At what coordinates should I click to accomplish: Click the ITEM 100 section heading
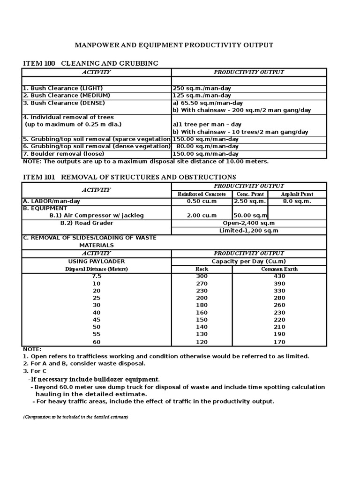coord(90,63)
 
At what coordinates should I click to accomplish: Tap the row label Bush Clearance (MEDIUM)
coord(64,95)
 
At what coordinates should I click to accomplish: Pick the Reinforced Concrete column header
coord(202,194)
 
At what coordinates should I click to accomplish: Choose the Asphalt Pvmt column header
coord(297,194)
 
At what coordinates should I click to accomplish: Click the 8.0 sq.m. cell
coord(297,201)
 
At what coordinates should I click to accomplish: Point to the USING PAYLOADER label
coord(97,261)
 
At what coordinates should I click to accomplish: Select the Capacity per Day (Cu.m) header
coord(248,261)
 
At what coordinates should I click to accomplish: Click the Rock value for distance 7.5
coord(202,276)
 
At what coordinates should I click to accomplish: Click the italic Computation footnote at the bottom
coord(75,417)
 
